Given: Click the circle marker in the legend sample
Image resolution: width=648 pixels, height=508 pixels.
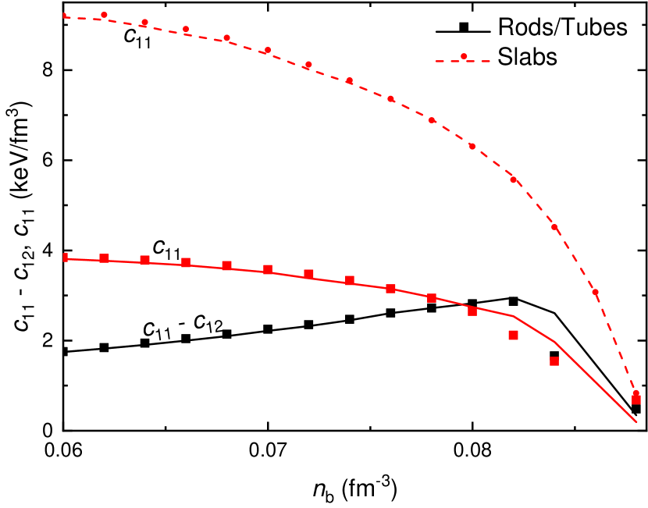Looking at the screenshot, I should tap(464, 56).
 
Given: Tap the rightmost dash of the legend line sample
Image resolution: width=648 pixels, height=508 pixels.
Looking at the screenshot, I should tap(484, 61).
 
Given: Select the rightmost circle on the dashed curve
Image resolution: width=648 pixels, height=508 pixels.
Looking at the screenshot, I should tap(636, 394).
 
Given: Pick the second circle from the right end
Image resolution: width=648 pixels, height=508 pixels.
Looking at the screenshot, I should tap(596, 293).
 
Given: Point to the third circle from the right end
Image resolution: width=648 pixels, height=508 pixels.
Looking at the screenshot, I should tap(554, 227).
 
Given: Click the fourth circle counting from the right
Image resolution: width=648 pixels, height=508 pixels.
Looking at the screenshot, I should tap(514, 179).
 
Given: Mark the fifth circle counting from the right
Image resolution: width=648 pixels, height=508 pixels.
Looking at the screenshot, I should tap(472, 146).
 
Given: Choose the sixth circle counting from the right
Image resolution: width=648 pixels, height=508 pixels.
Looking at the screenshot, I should tap(432, 120).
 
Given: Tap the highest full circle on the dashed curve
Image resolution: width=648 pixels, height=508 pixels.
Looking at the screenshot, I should tap(104, 15).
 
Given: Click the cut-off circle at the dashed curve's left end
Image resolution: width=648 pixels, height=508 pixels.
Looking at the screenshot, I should tap(65, 15).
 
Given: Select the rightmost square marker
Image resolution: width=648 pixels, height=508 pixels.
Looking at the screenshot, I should tap(636, 400).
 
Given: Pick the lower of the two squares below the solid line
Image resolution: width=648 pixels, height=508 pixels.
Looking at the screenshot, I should tap(554, 361).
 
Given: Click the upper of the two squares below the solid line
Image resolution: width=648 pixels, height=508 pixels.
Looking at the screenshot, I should tap(514, 335).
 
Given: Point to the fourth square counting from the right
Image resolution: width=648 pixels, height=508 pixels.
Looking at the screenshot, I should tap(472, 311).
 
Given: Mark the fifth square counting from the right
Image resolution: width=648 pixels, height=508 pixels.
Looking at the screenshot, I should tap(432, 297).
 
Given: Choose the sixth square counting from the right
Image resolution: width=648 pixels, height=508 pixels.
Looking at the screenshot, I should tap(391, 288).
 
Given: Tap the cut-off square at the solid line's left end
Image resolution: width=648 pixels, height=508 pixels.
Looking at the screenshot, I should tap(66, 257).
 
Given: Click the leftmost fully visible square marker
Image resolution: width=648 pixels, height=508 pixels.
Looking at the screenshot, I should tap(104, 258).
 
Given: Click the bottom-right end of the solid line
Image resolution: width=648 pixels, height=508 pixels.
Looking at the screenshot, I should tap(637, 422).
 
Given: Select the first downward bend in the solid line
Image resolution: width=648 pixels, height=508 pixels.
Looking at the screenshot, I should tap(513, 316).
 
